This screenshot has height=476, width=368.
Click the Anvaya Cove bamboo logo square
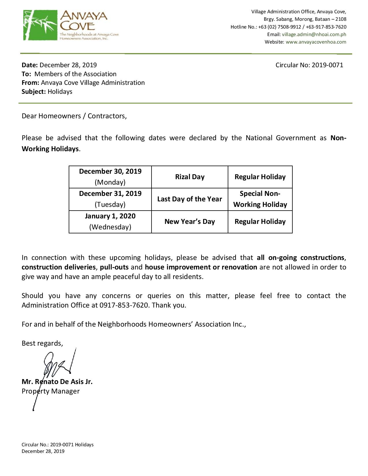tap(40, 25)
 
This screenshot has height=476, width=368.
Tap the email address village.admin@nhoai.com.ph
tap(314, 34)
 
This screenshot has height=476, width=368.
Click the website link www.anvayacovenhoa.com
tap(316, 42)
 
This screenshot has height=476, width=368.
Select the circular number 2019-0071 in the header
tap(327, 65)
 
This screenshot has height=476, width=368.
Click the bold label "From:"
tap(30, 83)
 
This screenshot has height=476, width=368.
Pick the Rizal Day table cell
tap(190, 177)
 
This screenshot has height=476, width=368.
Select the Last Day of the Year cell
tap(190, 199)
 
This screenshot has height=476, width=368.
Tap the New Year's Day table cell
tap(190, 222)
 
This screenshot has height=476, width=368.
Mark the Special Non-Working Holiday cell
tap(260, 199)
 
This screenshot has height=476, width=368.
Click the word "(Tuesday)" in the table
tap(110, 205)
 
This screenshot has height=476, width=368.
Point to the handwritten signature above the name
tap(58, 366)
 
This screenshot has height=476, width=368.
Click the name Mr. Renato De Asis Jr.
tap(57, 382)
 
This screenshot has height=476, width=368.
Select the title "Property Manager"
tap(51, 391)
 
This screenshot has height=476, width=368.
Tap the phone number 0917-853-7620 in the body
tap(124, 305)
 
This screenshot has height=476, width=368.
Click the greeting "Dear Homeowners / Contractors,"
tap(74, 116)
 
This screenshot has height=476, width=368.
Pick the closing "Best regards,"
tap(42, 343)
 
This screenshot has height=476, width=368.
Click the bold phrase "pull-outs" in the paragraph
tap(114, 267)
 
